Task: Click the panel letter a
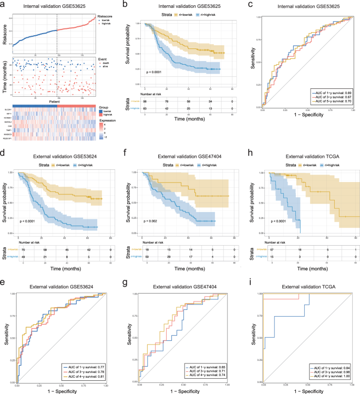[x=4, y=5]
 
